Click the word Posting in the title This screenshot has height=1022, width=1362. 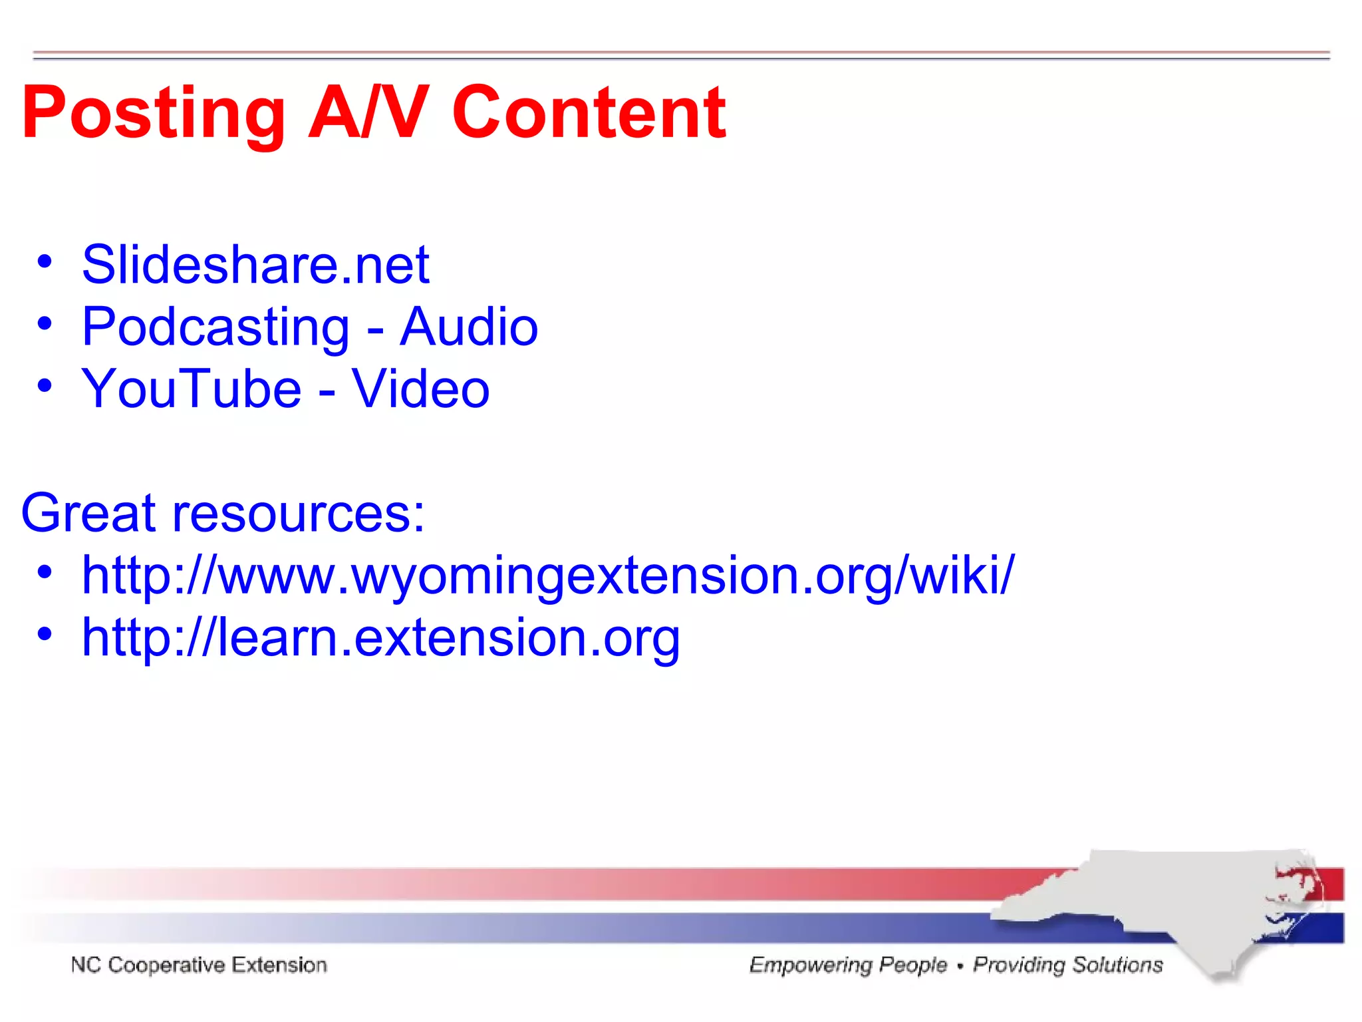pos(153,113)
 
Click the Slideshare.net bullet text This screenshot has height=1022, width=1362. pos(255,265)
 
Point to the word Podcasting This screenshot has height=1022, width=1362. pos(215,327)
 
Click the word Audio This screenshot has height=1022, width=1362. pos(469,327)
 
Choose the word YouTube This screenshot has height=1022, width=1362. pos(192,389)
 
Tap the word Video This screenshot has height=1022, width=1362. pos(420,389)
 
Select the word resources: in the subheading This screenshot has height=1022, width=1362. pos(299,514)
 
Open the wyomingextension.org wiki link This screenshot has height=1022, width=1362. pos(548,575)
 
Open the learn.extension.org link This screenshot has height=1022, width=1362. pos(380,637)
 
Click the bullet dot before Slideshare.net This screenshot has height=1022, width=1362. pos(45,261)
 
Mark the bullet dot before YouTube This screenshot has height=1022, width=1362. pos(45,385)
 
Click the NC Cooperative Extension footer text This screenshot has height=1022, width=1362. pos(199,965)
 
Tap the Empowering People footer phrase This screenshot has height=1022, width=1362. pos(848,965)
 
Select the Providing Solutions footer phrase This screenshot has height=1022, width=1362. pos(1068,965)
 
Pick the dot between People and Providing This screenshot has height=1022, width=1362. pos(960,966)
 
